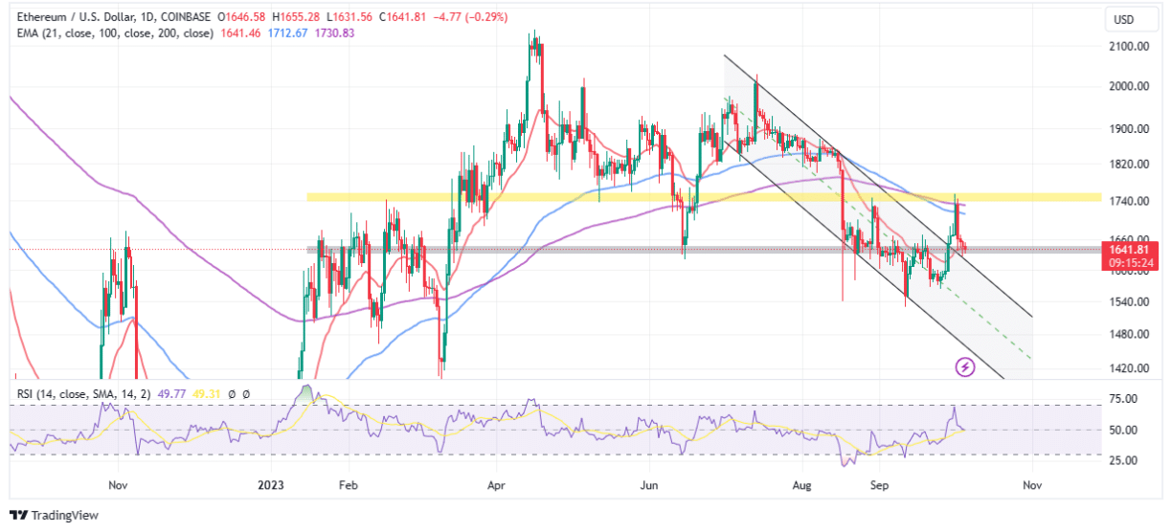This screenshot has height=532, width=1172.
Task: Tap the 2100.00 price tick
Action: (x=1130, y=46)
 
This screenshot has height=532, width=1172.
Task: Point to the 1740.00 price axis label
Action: (x=1130, y=201)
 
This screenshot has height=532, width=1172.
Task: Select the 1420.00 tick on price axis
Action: (x=1130, y=368)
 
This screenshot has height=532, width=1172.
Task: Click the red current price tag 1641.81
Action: (x=1131, y=249)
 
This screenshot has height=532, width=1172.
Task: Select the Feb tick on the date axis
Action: (x=349, y=485)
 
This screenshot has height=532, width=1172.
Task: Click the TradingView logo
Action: (x=55, y=516)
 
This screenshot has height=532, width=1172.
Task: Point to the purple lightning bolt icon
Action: (x=965, y=366)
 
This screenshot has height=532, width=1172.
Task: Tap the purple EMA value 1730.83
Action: (x=335, y=33)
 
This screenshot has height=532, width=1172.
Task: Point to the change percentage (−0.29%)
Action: (x=485, y=17)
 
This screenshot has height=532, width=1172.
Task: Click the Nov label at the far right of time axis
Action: (x=1031, y=485)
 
